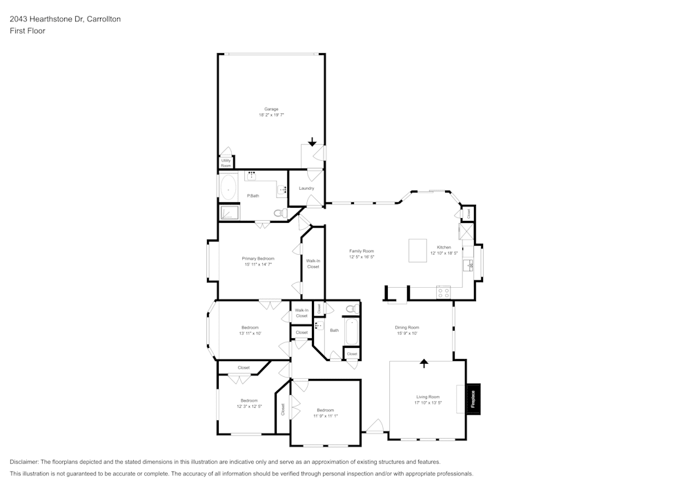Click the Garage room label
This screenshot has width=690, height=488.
tap(271, 109)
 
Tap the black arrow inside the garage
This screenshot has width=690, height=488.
tap(313, 142)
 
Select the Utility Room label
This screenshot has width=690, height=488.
tap(226, 163)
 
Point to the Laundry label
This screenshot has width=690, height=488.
tap(306, 188)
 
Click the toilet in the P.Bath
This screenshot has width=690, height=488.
tap(279, 213)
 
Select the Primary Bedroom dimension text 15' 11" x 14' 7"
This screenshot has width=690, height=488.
tap(258, 264)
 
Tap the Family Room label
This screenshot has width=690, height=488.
tap(361, 251)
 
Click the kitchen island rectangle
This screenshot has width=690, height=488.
tap(418, 250)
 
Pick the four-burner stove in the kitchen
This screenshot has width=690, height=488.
tap(443, 293)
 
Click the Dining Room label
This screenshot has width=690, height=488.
tap(407, 327)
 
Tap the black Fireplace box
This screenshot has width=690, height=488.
tap(473, 399)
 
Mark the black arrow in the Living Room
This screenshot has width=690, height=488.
tap(424, 362)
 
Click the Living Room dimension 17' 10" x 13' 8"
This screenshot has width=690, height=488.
tap(428, 402)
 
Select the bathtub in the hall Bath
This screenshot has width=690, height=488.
tap(352, 331)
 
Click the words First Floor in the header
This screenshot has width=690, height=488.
tap(28, 31)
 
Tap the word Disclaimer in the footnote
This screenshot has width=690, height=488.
tap(24, 462)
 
